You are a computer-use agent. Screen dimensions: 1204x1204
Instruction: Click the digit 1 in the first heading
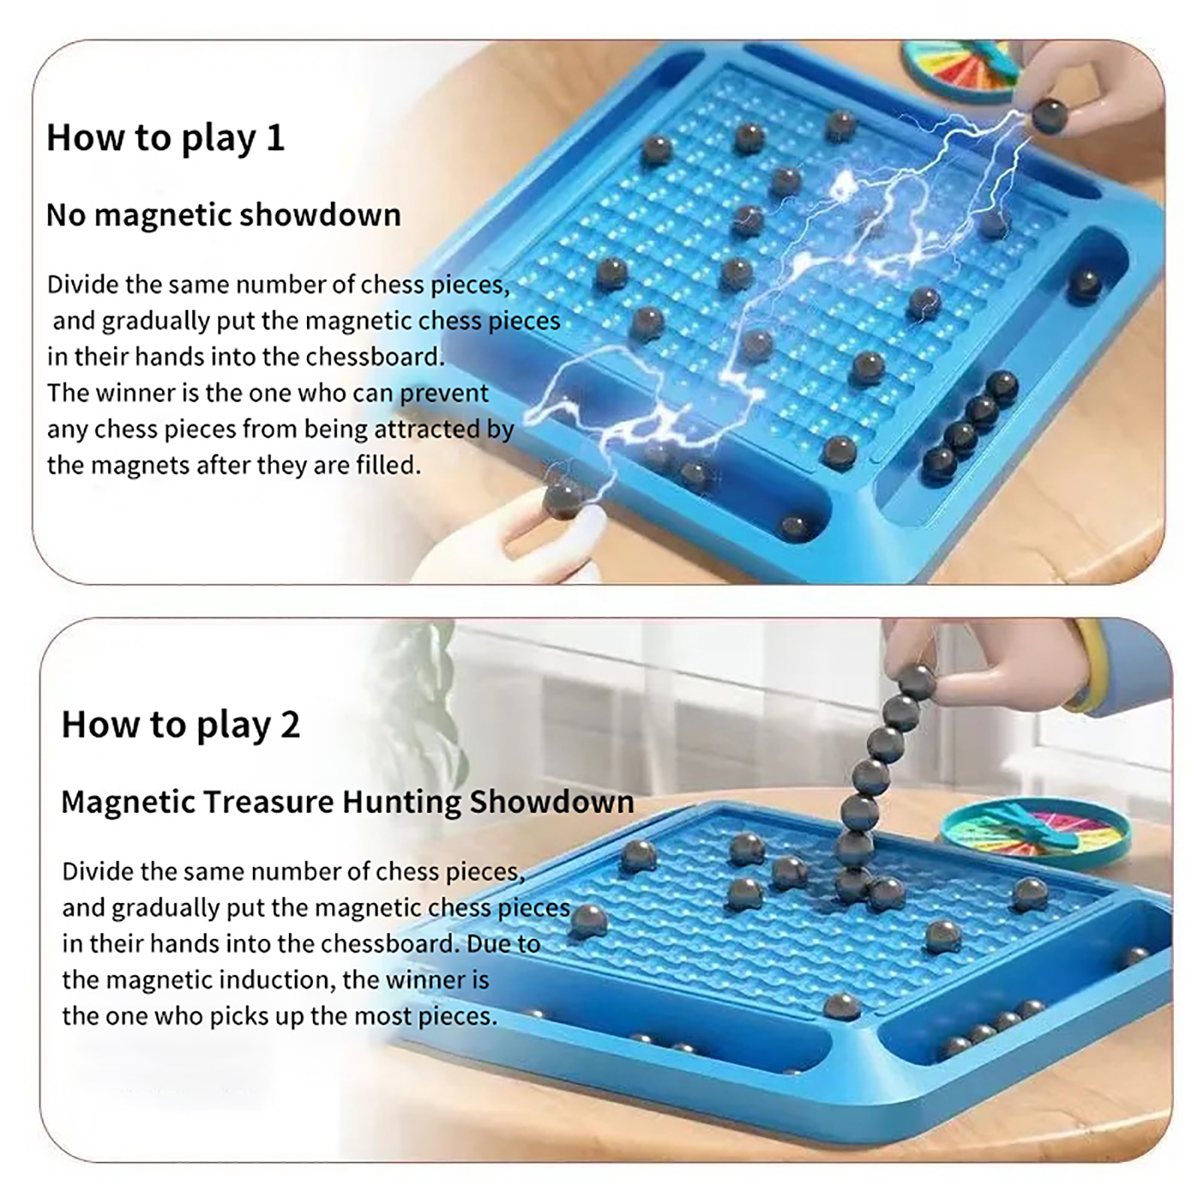(276, 138)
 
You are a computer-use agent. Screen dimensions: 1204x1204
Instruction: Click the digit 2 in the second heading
(290, 725)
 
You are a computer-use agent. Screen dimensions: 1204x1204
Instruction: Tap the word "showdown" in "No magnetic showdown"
(321, 215)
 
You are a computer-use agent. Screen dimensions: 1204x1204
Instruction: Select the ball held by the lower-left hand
(562, 499)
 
